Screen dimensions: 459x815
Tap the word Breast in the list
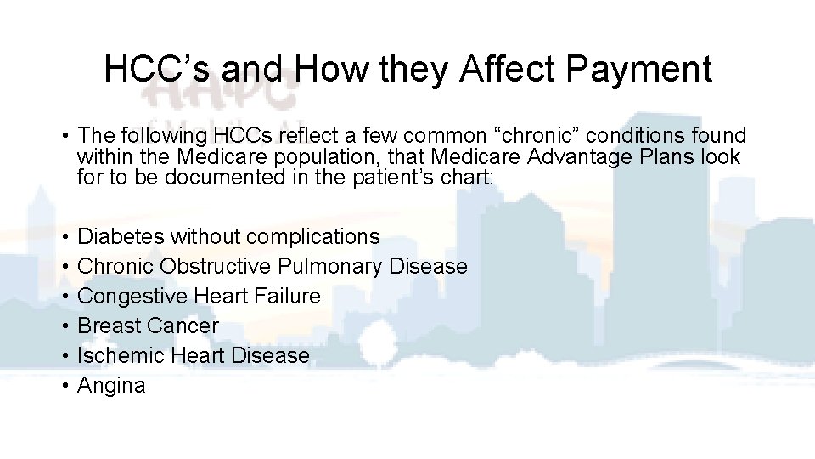click(109, 326)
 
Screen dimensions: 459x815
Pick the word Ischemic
click(121, 355)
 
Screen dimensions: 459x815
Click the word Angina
click(111, 386)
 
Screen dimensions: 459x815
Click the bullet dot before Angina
click(65, 386)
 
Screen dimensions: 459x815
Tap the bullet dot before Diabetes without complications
click(65, 236)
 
